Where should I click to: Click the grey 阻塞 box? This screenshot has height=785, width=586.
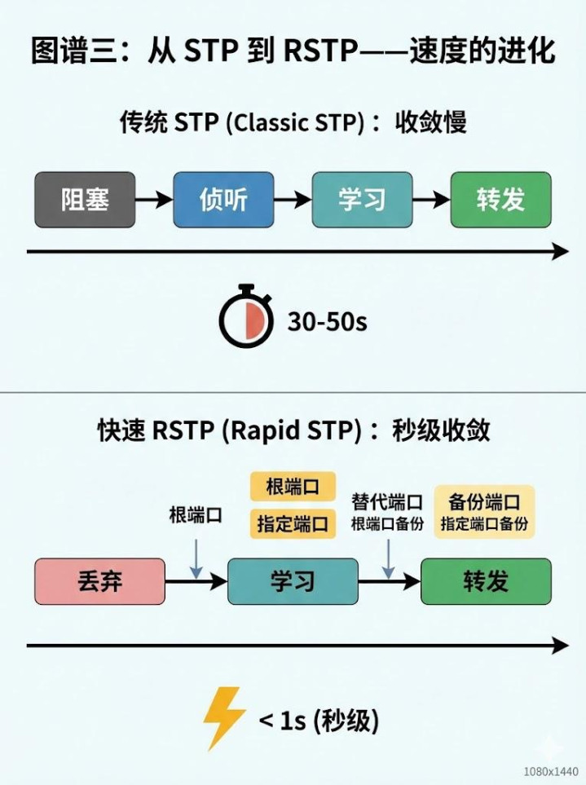coord(85,199)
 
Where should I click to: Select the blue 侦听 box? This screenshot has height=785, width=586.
coord(223,199)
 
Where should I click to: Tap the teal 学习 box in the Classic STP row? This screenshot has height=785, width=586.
coord(362,199)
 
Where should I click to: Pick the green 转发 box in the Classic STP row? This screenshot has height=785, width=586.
coord(500,199)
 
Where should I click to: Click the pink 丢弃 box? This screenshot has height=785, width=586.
coord(99,580)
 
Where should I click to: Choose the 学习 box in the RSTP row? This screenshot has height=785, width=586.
coord(293,580)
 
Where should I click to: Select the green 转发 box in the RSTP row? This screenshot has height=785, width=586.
coord(486,580)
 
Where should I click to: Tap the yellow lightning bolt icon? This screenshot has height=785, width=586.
coord(224,717)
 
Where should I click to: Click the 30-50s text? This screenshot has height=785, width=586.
coord(327,322)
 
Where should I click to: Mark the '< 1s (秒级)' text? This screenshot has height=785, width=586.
coord(319,721)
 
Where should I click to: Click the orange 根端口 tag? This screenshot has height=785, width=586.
coord(293,487)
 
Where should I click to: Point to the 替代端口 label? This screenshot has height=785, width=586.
coord(387,501)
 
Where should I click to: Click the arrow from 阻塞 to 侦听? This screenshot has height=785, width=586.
coord(153,199)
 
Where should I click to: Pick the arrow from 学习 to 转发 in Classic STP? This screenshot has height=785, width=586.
coord(430,199)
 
